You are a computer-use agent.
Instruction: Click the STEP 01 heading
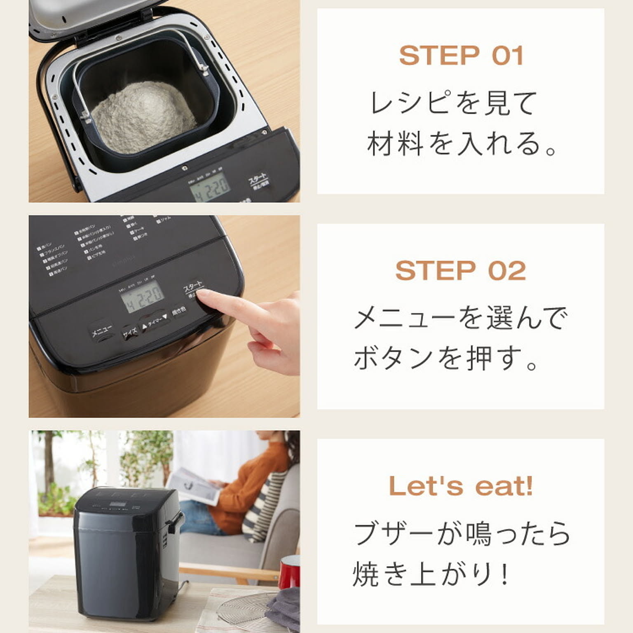click(x=461, y=56)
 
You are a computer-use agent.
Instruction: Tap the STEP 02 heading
click(x=461, y=271)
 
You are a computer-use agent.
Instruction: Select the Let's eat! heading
click(x=461, y=486)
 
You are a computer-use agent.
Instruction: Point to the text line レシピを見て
click(x=453, y=103)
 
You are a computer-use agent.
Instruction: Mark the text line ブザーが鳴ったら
click(x=462, y=533)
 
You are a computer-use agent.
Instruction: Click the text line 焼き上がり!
click(x=431, y=574)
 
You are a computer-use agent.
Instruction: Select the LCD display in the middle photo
click(x=142, y=297)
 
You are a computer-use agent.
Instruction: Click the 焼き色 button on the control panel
click(x=179, y=310)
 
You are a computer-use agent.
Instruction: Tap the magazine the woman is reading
click(x=194, y=486)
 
